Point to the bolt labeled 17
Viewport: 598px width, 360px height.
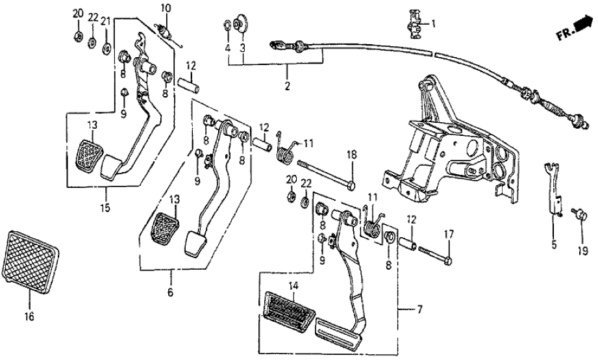tap(434, 254)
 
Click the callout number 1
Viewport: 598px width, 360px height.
tap(434, 23)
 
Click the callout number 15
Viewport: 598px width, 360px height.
tap(105, 208)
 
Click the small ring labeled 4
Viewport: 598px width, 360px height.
tap(227, 26)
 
